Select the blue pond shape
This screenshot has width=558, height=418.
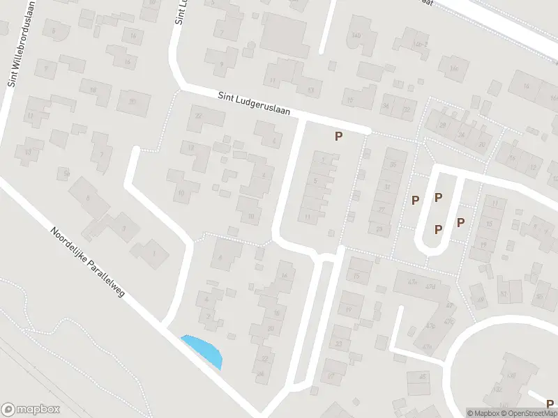203,350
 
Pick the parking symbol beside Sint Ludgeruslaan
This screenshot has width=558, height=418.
338,137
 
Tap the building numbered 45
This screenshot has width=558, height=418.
421,376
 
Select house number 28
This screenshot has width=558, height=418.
441,125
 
